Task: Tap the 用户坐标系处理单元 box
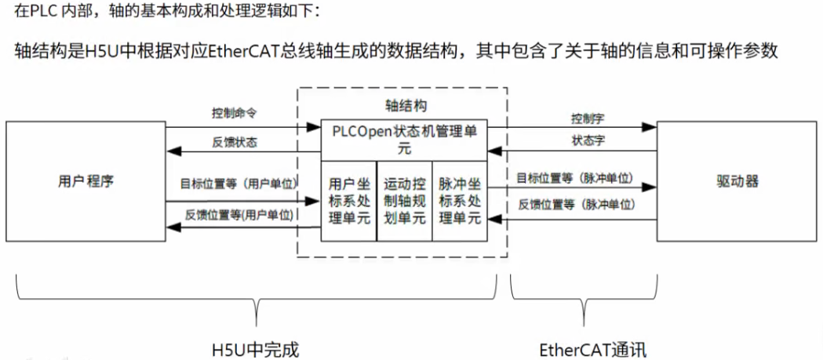coord(349,201)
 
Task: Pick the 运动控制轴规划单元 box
coord(405,201)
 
